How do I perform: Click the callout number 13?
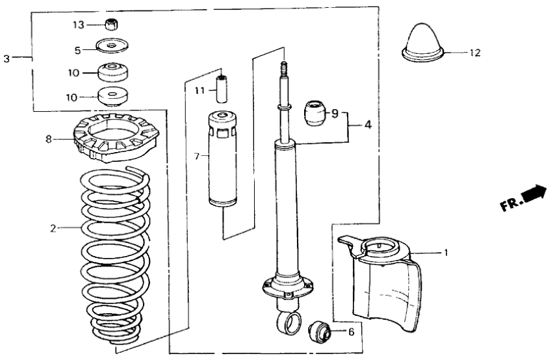click(x=78, y=25)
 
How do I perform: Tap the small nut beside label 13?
click(x=112, y=25)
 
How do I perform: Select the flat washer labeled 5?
click(x=112, y=47)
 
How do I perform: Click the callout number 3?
click(x=6, y=58)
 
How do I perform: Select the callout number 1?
click(x=446, y=251)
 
